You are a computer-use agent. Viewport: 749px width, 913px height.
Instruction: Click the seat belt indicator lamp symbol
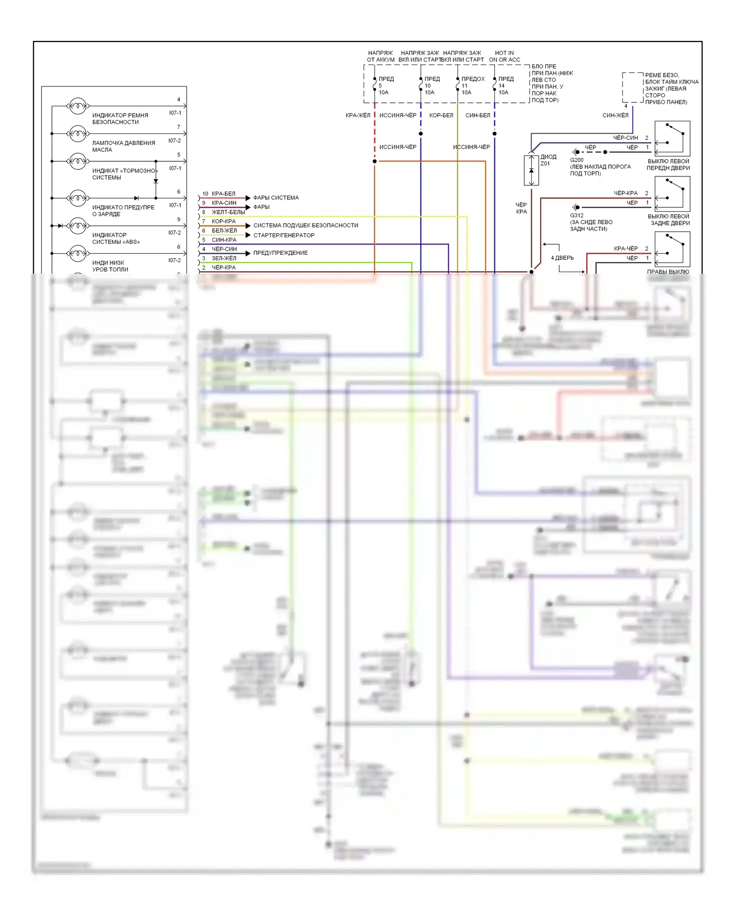pos(77,106)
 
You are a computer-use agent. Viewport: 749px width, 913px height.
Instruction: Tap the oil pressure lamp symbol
pos(77,133)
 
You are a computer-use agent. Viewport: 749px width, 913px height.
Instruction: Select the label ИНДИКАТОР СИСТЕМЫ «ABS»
pos(116,238)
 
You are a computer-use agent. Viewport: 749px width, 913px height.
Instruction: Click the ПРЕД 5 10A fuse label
pos(385,85)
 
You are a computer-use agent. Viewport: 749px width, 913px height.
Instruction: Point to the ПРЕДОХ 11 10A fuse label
pos(472,85)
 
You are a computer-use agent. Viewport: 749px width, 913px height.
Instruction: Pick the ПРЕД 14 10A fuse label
pos(505,85)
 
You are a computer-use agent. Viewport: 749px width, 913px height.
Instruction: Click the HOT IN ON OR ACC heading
pos(504,56)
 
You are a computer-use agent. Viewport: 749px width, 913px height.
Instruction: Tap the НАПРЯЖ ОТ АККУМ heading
pos(380,56)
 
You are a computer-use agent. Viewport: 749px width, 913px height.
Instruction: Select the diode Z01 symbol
pos(531,170)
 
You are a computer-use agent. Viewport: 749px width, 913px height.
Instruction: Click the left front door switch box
pos(672,138)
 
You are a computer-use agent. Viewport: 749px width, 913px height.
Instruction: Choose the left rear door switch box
pos(672,194)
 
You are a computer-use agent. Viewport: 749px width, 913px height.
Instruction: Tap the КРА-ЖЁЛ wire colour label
pos(358,115)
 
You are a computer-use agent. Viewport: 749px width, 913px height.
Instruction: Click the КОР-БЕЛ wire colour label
pos(441,115)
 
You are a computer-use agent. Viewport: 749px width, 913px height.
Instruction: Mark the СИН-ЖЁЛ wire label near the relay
pos(615,115)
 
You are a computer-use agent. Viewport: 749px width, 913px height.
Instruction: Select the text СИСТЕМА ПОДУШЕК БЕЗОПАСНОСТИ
pos(306,225)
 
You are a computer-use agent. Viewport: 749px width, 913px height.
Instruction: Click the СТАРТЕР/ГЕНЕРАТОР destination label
pos(284,235)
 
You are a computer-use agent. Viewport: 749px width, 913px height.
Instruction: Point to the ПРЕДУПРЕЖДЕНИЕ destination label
pos(280,253)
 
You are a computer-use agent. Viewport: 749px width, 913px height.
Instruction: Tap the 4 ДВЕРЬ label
pos(562,258)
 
